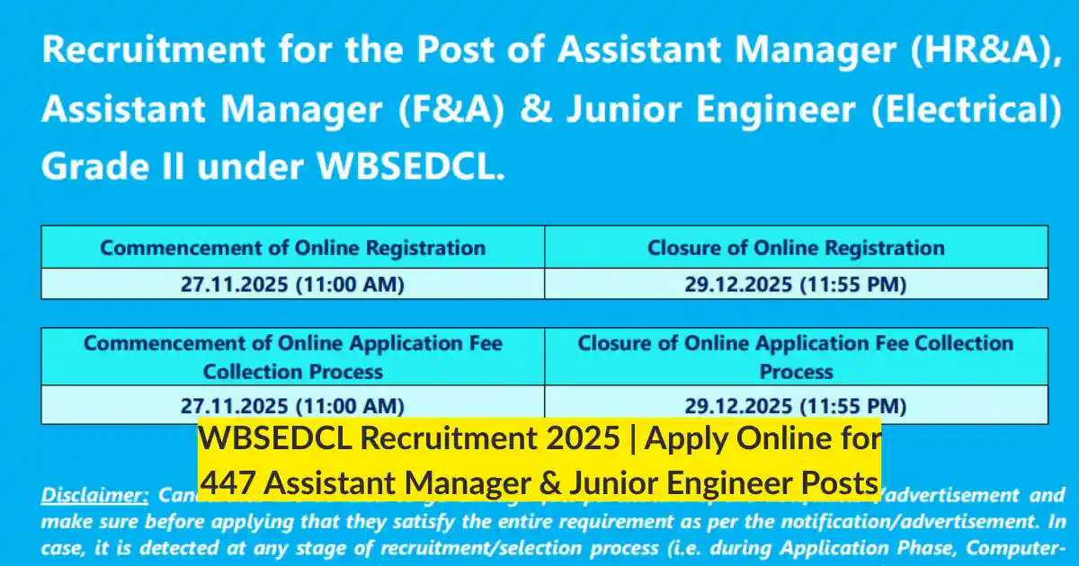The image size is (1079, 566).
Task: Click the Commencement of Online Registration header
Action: [x=292, y=248]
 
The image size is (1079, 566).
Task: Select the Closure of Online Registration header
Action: [x=796, y=248]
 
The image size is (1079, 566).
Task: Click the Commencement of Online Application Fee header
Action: [x=292, y=357]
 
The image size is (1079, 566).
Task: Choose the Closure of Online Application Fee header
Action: [x=796, y=357]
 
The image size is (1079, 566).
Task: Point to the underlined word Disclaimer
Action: [x=94, y=495]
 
